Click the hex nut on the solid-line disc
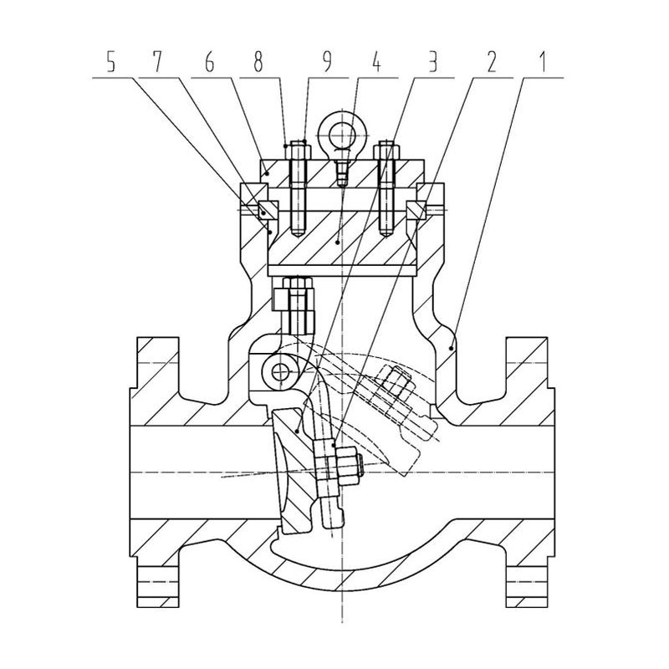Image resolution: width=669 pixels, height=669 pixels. (346, 467)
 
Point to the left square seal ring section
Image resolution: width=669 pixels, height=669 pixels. (268, 211)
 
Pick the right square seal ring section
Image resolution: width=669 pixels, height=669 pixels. (416, 211)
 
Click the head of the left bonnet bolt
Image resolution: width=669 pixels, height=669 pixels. (298, 151)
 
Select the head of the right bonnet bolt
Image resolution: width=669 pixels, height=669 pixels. (386, 151)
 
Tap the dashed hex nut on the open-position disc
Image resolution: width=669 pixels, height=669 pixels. (396, 385)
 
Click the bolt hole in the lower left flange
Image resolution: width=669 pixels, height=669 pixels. (157, 581)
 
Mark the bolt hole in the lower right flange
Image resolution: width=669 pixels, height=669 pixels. (527, 581)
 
